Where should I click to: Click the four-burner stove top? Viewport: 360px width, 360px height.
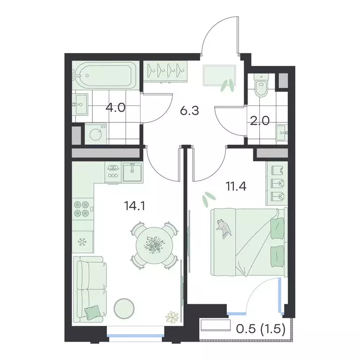(82, 208)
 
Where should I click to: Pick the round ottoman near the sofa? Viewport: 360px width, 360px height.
(124, 308)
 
